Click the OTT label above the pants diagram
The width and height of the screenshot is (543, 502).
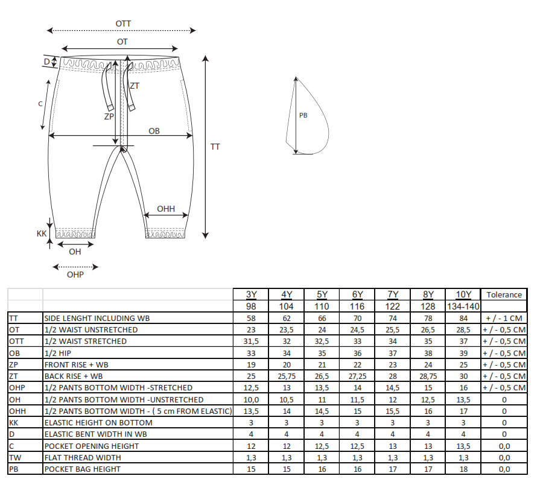click(x=123, y=24)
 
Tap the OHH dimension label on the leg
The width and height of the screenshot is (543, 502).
click(x=166, y=209)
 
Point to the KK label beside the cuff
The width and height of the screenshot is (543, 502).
click(x=42, y=234)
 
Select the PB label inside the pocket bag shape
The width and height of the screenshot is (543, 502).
click(x=303, y=115)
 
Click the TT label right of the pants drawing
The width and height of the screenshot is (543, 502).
click(x=215, y=147)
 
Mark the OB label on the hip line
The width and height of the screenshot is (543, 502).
click(x=154, y=131)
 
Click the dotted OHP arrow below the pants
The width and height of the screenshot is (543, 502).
click(x=75, y=267)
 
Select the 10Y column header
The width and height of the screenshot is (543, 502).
click(x=463, y=294)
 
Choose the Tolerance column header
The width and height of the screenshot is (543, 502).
click(x=504, y=294)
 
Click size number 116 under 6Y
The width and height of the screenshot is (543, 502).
click(x=357, y=307)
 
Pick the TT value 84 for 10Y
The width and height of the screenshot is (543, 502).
click(x=463, y=318)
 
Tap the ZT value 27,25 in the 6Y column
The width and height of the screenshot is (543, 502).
click(x=357, y=376)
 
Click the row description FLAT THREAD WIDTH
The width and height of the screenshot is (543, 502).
click(x=83, y=458)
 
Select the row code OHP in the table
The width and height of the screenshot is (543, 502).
click(x=17, y=388)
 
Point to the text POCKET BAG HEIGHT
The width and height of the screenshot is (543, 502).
click(x=83, y=469)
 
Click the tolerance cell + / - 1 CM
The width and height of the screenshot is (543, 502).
click(x=504, y=318)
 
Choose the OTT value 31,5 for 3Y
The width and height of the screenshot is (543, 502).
click(x=251, y=342)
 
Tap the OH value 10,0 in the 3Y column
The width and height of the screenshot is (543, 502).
click(x=251, y=400)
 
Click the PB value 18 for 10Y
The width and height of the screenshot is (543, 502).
click(x=463, y=469)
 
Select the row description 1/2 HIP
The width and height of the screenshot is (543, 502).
click(x=57, y=353)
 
